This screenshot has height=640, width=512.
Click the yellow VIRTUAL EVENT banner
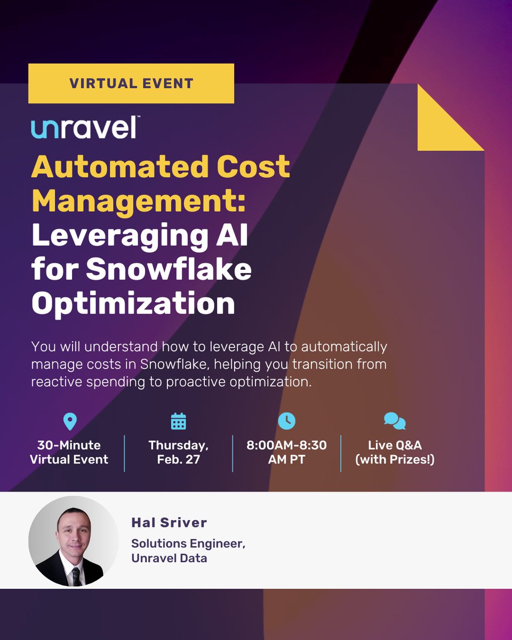click(x=131, y=83)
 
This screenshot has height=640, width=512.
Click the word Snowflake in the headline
click(x=169, y=270)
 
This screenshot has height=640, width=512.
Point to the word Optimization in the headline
click(x=133, y=303)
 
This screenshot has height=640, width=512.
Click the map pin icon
click(x=69, y=421)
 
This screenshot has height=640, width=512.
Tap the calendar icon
click(x=178, y=421)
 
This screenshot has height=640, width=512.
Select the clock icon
click(x=286, y=421)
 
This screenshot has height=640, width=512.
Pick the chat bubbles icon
click(x=395, y=421)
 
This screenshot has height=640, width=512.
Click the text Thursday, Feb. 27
click(x=178, y=452)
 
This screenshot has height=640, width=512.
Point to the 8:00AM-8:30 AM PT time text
click(x=286, y=452)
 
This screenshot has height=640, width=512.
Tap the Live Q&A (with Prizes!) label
click(x=395, y=452)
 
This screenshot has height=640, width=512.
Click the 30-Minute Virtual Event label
click(x=69, y=452)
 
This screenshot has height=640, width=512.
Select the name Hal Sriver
click(x=169, y=523)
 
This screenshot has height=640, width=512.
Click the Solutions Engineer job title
click(x=188, y=543)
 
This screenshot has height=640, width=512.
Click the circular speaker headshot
click(x=74, y=541)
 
